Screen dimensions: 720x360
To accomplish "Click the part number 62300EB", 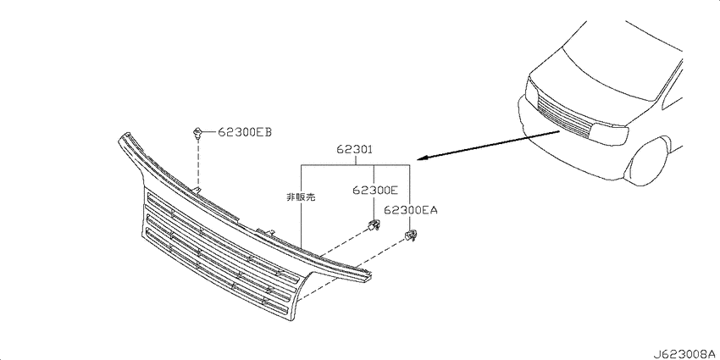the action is click(244, 133).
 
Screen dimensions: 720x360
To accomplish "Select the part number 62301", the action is click(354, 149).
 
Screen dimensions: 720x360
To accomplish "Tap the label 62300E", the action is click(375, 190).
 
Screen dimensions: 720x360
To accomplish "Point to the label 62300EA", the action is click(411, 210).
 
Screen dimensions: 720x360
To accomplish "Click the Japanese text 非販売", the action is click(301, 197).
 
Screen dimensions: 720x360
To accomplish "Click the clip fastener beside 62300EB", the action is click(198, 132).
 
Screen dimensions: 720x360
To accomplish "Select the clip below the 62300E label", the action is click(373, 225).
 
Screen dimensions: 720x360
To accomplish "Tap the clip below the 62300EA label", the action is click(409, 236).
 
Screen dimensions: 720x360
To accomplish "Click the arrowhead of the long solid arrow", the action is click(422, 159).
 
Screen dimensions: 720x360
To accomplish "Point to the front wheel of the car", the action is click(647, 161).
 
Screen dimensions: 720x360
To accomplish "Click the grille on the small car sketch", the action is click(564, 116).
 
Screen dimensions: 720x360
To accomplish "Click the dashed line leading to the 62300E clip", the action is click(345, 242).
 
